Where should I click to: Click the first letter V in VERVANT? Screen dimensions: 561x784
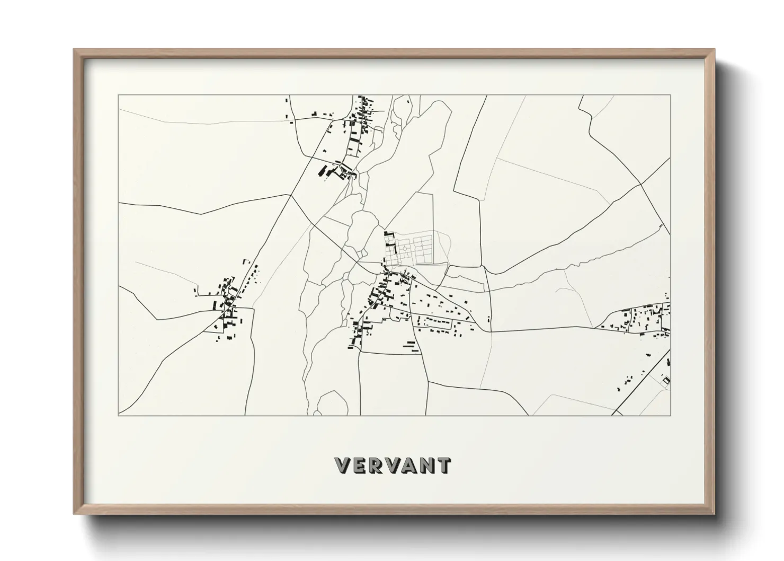click(343, 466)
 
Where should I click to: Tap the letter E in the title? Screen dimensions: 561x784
click(360, 466)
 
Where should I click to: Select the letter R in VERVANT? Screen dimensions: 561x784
click(376, 466)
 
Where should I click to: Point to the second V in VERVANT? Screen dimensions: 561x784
click(393, 466)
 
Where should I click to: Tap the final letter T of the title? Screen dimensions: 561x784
click(443, 466)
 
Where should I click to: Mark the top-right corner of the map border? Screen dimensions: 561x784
click(670, 95)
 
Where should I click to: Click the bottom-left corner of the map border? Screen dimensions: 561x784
click(118, 415)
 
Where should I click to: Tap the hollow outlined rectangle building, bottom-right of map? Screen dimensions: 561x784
click(666, 380)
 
